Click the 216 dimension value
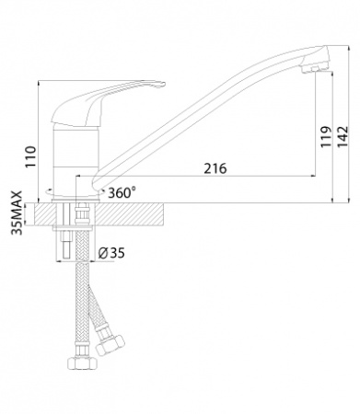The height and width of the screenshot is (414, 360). click(x=215, y=168)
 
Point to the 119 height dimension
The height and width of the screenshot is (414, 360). click(x=326, y=136)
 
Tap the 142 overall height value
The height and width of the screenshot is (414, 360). click(x=343, y=136)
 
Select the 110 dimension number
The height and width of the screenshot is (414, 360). click(x=31, y=157)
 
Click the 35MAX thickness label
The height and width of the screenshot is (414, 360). click(x=17, y=213)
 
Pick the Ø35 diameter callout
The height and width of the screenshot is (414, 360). click(x=111, y=253)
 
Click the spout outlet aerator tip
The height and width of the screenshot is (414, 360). click(x=313, y=70)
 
